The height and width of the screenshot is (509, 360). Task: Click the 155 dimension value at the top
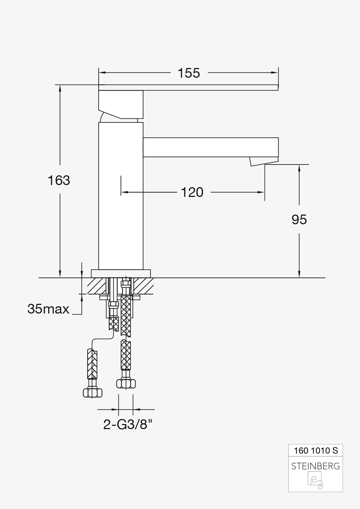(189, 73)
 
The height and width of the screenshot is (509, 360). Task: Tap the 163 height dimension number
(59, 180)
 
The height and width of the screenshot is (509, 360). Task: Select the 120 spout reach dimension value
(192, 193)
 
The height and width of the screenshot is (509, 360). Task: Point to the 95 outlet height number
(299, 220)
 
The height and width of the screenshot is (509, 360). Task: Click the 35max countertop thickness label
(48, 309)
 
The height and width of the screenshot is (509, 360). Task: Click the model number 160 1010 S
(316, 450)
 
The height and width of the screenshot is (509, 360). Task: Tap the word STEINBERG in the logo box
(315, 466)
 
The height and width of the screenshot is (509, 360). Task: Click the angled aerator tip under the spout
(264, 161)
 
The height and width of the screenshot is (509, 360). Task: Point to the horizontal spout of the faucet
(211, 147)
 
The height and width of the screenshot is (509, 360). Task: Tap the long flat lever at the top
(188, 87)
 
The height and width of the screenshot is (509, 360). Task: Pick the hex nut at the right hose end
(126, 384)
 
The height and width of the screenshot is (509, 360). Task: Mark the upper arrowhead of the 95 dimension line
(299, 168)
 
